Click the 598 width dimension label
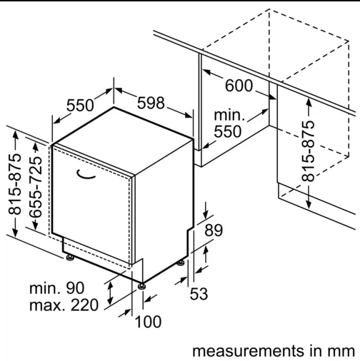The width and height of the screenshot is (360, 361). coord(151,103)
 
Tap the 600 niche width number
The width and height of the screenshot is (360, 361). coord(239,86)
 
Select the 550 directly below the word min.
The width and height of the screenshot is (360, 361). coord(228,131)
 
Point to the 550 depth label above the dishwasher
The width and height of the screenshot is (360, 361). coord(80,106)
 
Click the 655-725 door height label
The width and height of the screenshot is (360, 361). coord(36,187)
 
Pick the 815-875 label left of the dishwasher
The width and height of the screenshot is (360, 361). coord(15,184)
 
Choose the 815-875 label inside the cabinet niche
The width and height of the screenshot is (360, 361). coord(308,151)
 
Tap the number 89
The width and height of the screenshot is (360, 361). coord(214,230)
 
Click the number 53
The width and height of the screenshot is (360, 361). coord(199,294)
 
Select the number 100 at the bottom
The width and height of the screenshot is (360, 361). coord(148,322)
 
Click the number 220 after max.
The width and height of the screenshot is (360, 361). coord(84,305)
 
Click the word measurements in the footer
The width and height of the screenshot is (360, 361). coord(248,351)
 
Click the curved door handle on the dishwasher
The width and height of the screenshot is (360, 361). coord(86,174)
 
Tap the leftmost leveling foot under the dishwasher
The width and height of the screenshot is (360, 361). coord(70,258)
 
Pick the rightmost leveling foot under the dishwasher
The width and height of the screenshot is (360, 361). coord(181,263)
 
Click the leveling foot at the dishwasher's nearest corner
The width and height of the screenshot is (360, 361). coord(142,286)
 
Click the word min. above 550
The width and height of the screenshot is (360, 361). coord(229,115)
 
